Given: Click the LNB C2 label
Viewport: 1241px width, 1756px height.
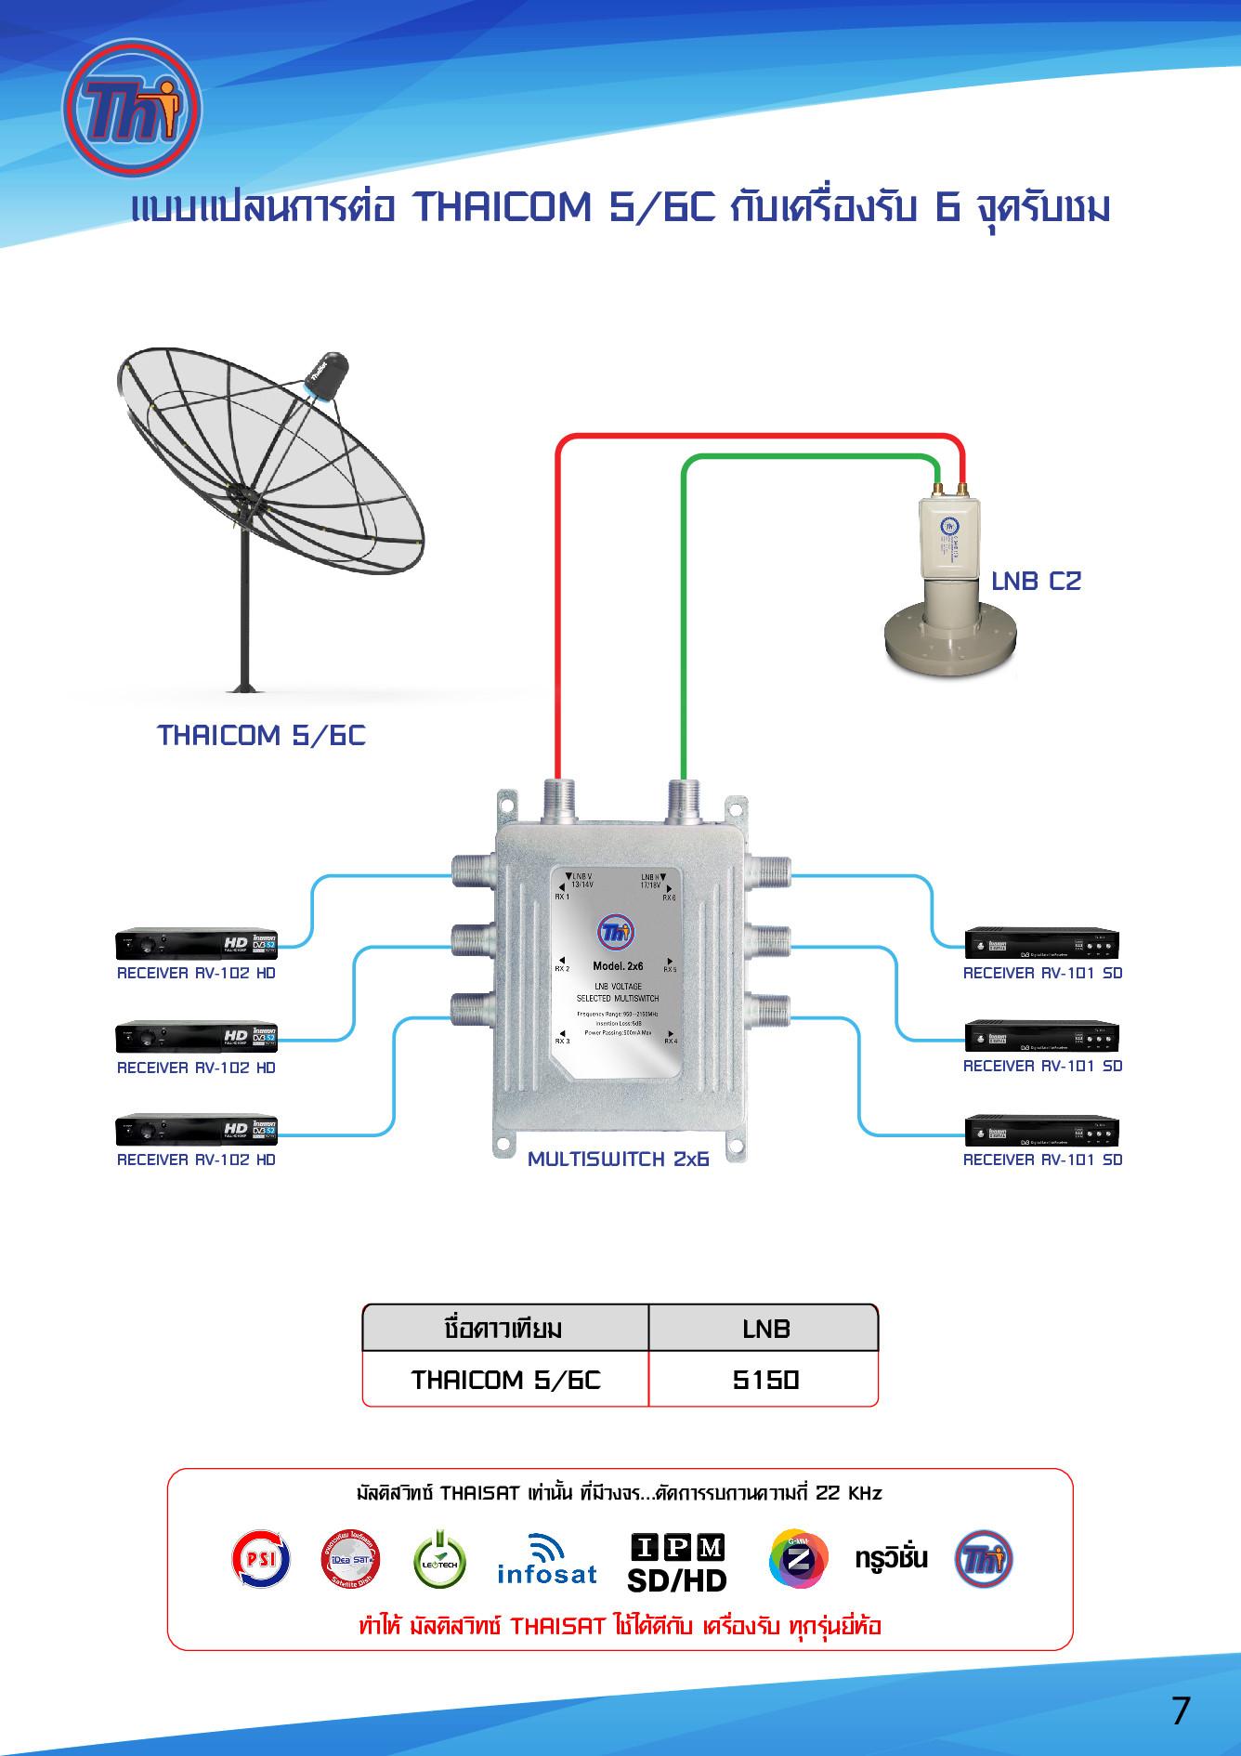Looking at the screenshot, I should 1036,582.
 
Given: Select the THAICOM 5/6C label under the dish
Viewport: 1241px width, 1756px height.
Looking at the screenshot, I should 262,736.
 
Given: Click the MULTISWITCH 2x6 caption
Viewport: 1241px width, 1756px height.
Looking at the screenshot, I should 619,1160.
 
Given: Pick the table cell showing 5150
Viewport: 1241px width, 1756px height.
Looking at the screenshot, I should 764,1380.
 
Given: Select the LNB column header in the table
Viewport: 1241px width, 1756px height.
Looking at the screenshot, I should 764,1329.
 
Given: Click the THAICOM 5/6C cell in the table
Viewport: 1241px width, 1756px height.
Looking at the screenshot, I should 506,1380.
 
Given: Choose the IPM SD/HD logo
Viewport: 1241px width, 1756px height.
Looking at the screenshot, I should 677,1562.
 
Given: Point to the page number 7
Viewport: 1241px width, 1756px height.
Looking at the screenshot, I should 1180,1710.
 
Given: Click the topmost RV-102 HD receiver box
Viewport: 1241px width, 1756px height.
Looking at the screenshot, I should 196,945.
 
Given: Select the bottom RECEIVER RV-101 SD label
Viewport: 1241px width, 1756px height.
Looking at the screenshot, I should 1042,1160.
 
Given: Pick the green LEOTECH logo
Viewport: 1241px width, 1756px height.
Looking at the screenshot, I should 439,1560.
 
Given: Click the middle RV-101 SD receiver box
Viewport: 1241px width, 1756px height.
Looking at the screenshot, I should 1041,1037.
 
